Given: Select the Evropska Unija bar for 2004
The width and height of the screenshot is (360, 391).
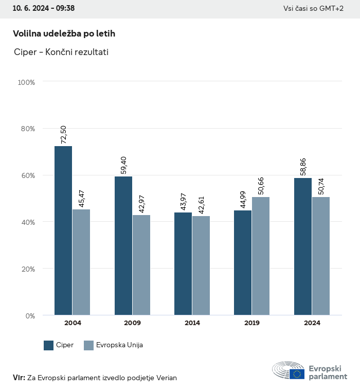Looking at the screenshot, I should (x=81, y=262).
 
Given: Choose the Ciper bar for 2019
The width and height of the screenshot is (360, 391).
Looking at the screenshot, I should (x=243, y=263).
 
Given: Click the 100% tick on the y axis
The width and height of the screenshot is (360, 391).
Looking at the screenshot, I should (x=26, y=82).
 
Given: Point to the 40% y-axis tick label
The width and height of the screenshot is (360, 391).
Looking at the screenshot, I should (x=27, y=222).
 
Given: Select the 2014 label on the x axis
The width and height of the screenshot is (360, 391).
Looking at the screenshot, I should (x=192, y=323).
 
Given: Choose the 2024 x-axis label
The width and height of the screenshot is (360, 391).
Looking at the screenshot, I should (x=312, y=323).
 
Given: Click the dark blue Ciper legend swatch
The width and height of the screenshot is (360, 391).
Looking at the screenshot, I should (x=49, y=345).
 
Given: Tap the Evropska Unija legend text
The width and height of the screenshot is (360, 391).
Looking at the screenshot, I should (x=119, y=345).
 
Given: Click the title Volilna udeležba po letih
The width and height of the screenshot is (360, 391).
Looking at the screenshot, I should (x=64, y=33).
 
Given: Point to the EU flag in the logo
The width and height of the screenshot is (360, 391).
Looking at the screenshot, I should (x=297, y=374).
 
